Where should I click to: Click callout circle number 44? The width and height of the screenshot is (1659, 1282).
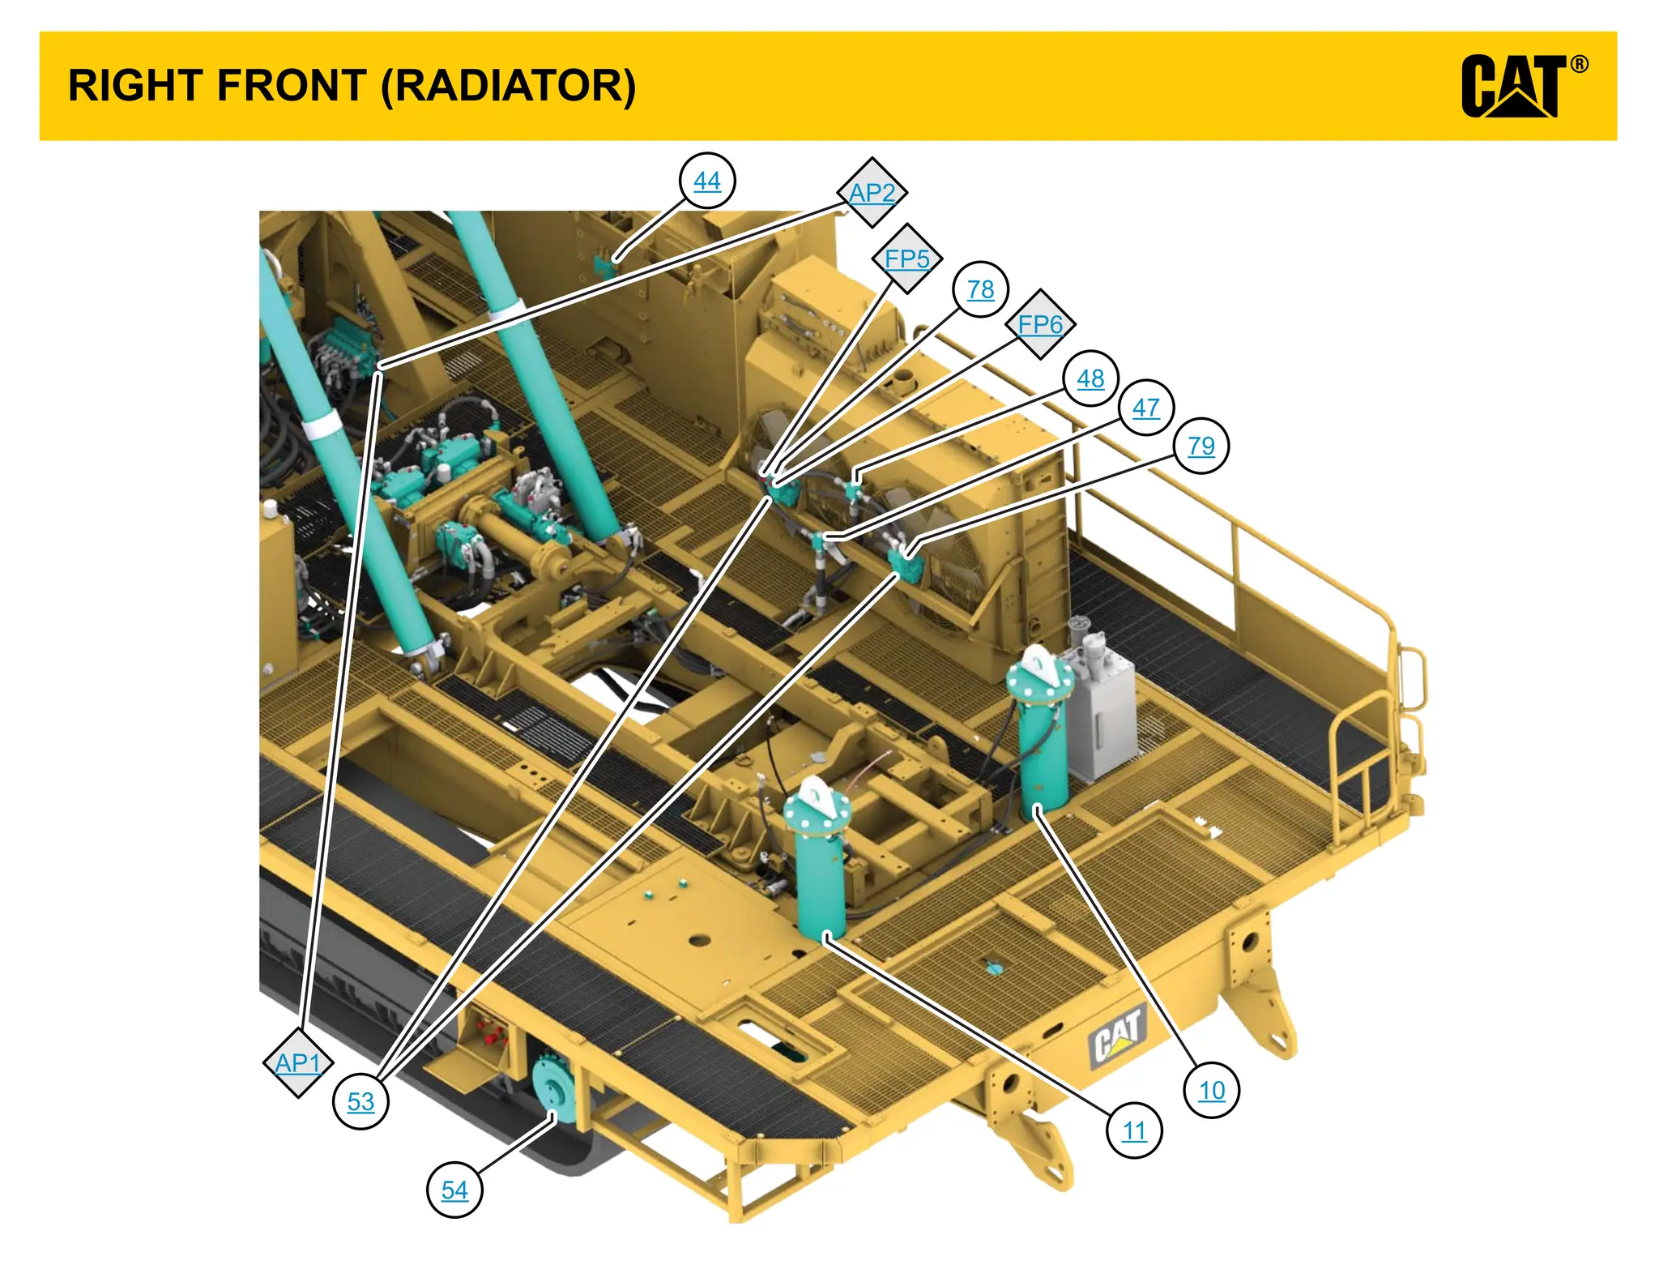pyautogui.click(x=707, y=181)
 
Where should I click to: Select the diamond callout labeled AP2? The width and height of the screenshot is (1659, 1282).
pyautogui.click(x=872, y=193)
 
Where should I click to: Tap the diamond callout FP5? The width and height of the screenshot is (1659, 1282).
pyautogui.click(x=906, y=259)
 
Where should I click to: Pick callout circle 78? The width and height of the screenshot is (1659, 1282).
pyautogui.click(x=980, y=289)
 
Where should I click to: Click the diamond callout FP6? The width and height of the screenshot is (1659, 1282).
pyautogui.click(x=1040, y=324)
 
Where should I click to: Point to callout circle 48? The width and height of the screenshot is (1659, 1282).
pyautogui.click(x=1090, y=378)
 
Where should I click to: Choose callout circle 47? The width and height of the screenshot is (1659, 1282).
pyautogui.click(x=1145, y=408)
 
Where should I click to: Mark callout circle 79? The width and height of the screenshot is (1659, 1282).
pyautogui.click(x=1201, y=446)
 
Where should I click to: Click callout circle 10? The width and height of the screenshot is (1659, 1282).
pyautogui.click(x=1211, y=1091)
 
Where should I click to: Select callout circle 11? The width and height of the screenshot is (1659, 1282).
pyautogui.click(x=1134, y=1130)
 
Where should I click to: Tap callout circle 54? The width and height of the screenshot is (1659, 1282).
pyautogui.click(x=454, y=1190)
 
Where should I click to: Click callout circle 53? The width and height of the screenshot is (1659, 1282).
pyautogui.click(x=360, y=1101)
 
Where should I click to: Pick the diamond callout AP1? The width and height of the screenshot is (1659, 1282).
pyautogui.click(x=298, y=1062)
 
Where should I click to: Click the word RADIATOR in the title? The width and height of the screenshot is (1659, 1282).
pyautogui.click(x=509, y=86)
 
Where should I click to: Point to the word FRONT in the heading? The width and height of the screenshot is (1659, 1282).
pyautogui.click(x=292, y=86)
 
